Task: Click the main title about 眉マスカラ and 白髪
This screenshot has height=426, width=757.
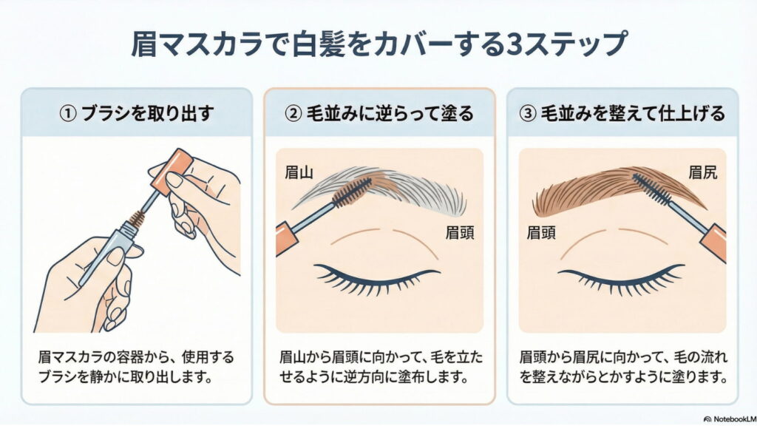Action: coord(379,44)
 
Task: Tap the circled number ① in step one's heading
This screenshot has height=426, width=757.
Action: coord(68,114)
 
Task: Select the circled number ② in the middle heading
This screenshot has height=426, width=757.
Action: coord(293,114)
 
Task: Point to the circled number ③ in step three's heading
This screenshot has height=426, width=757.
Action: coord(528,114)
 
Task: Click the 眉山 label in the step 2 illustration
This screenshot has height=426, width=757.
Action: coord(299,172)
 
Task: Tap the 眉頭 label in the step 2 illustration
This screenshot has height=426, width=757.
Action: coord(460,233)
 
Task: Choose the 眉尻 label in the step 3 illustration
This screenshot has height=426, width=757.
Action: coord(703,172)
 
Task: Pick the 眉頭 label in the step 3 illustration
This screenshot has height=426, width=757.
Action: coord(541,233)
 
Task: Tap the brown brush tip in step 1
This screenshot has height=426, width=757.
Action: coord(136,218)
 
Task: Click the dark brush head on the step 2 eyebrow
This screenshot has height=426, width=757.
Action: coord(352,192)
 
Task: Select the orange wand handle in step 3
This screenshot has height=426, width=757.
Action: coord(713,243)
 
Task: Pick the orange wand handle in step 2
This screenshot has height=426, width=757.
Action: coord(287,239)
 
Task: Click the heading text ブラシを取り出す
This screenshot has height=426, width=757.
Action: coord(148,114)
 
